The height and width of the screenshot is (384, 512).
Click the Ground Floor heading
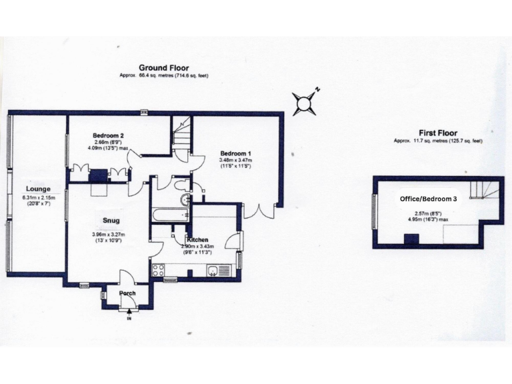pos(163,68)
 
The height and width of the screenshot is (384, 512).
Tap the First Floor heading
pos(437,133)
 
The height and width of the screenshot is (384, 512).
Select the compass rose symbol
pos(305,103)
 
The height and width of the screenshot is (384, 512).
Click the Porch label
pos(127,293)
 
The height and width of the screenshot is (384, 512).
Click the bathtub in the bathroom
pos(171,215)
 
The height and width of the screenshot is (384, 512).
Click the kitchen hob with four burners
pos(159,270)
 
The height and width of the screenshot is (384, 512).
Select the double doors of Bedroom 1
pos(258,211)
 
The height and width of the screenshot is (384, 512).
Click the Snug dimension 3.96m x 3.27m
pos(111,234)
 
